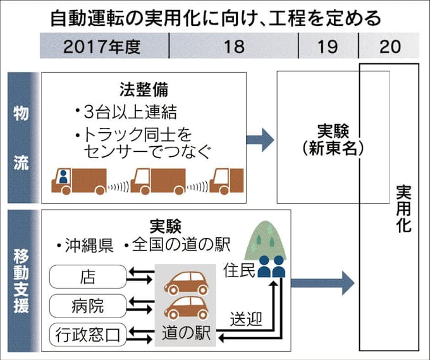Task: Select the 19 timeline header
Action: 328,47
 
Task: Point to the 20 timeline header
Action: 388,47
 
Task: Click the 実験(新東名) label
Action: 333,140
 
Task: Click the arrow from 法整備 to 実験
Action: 259,139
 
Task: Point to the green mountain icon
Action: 266,240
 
